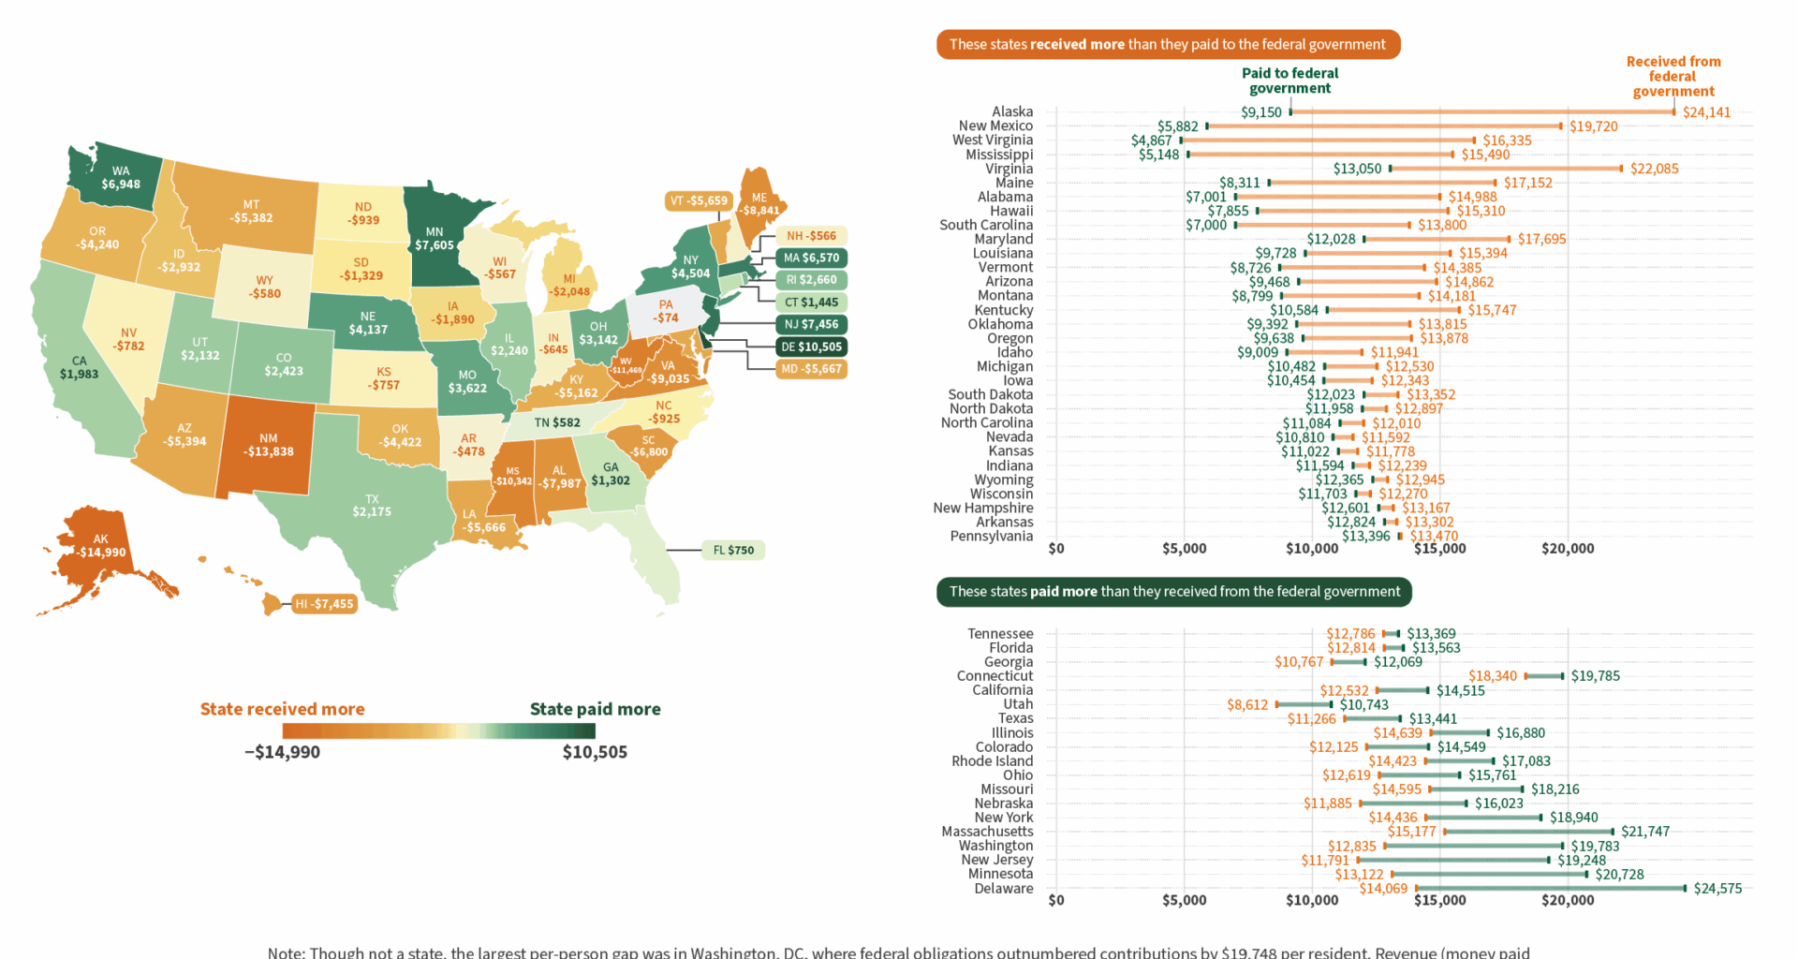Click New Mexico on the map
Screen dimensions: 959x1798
pyautogui.click(x=268, y=445)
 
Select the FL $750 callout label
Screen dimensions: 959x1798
pyautogui.click(x=733, y=550)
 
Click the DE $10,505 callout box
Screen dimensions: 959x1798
pyautogui.click(x=811, y=347)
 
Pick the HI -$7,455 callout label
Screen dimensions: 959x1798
pyautogui.click(x=324, y=604)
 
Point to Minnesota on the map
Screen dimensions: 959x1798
pyautogui.click(x=435, y=239)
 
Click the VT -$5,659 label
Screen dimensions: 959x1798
pyautogui.click(x=699, y=200)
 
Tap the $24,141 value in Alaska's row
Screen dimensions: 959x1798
pyautogui.click(x=1706, y=112)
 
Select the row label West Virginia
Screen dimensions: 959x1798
pyautogui.click(x=993, y=140)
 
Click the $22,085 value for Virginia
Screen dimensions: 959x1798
pyautogui.click(x=1654, y=169)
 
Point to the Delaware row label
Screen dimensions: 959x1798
pyautogui.click(x=1004, y=889)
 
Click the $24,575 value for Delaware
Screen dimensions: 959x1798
pyautogui.click(x=1717, y=889)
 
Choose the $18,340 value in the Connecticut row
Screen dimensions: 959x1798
pyautogui.click(x=1493, y=676)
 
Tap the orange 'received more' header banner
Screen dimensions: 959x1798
pyautogui.click(x=1168, y=44)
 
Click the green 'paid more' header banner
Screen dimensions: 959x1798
pyautogui.click(x=1174, y=591)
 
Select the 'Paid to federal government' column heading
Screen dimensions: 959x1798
pyautogui.click(x=1290, y=81)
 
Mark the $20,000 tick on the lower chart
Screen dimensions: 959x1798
pyautogui.click(x=1568, y=900)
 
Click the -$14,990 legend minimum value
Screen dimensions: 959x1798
pyautogui.click(x=282, y=752)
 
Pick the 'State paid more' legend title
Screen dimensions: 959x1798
pyautogui.click(x=595, y=709)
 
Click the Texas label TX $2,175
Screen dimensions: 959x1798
pyautogui.click(x=372, y=506)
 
